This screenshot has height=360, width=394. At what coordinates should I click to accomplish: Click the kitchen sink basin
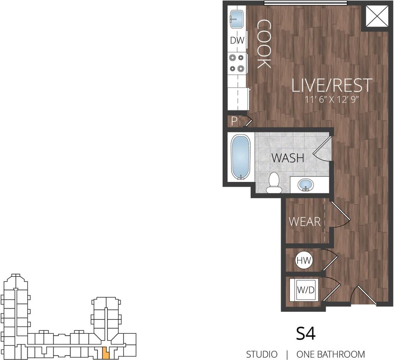236,19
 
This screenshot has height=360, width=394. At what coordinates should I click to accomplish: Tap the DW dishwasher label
237,40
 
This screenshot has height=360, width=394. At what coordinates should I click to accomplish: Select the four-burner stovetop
237,63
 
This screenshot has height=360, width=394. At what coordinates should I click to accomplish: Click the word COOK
264,44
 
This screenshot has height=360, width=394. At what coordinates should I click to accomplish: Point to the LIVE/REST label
332,85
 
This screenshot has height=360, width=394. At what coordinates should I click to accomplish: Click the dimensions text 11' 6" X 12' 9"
332,100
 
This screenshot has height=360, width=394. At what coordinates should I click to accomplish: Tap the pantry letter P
234,121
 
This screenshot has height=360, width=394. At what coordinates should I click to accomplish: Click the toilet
274,183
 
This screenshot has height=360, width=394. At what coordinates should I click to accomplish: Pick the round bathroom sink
306,184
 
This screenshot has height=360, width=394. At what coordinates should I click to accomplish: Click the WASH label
288,158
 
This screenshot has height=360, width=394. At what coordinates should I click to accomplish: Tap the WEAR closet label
304,222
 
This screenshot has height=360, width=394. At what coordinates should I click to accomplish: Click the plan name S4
306,333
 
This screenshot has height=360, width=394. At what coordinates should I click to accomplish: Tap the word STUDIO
262,354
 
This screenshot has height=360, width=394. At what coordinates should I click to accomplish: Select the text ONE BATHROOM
330,354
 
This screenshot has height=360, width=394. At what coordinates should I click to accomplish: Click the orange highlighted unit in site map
106,352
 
